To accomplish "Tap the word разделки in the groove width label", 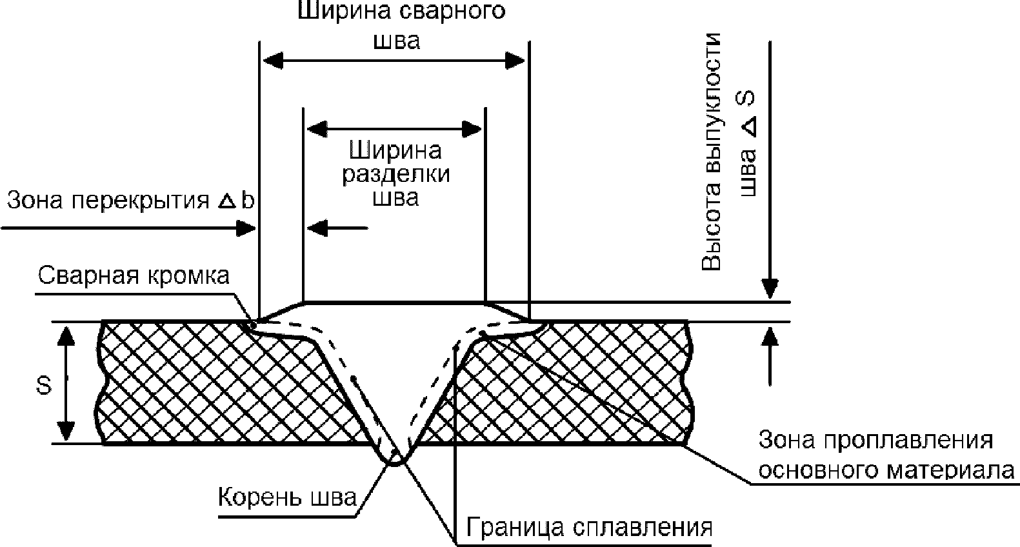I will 395,175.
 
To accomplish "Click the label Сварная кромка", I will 134,276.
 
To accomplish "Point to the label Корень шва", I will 287,498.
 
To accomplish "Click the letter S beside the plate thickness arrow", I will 45,386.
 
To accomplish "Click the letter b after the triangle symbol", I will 248,201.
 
